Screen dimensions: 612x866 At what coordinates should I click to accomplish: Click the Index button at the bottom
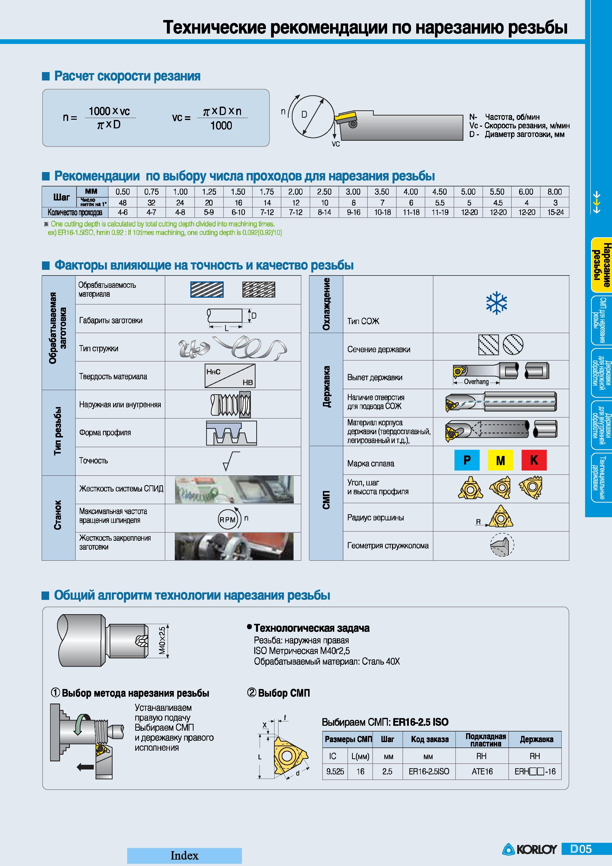click(184, 855)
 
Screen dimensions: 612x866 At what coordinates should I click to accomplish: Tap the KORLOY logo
click(529, 849)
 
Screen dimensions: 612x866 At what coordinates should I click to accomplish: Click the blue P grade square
click(467, 460)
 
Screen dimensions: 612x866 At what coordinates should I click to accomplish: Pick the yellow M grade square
click(500, 460)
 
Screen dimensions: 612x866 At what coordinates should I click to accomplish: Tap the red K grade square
click(534, 460)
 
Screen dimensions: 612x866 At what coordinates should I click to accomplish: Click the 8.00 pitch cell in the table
click(555, 192)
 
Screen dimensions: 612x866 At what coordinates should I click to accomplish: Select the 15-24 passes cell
click(555, 212)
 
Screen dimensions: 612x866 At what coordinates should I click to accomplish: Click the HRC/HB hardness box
click(230, 376)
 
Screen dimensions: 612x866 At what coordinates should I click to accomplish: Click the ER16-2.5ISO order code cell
click(429, 772)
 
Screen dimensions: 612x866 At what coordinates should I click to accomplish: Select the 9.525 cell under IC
click(335, 772)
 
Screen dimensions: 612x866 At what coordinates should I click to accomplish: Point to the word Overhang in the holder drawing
click(476, 382)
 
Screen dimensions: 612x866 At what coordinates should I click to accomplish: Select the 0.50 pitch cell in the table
click(122, 192)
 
